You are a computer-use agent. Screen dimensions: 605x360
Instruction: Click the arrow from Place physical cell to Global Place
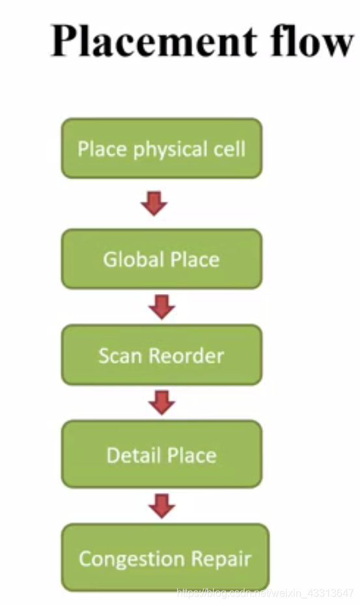coord(154,204)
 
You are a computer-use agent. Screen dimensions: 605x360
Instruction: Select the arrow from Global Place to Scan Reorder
coord(161,306)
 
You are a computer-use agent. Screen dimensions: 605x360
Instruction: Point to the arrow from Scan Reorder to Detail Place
coord(161,403)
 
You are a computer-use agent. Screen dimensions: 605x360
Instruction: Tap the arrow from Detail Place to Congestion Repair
coord(161,505)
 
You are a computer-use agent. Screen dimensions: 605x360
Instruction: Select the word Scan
coord(121,356)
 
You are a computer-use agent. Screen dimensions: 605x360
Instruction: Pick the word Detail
coord(133,455)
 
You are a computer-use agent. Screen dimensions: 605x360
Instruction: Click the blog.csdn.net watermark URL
coord(264,593)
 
